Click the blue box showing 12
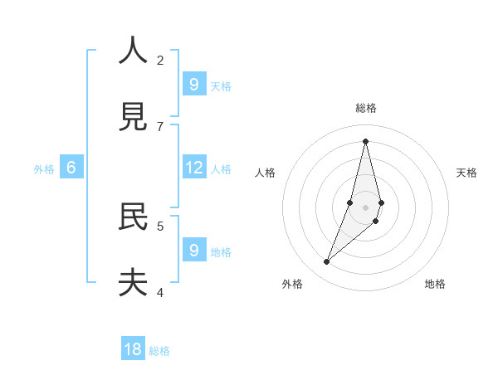tap(194, 168)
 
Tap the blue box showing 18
tap(133, 349)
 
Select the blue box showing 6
tap(71, 168)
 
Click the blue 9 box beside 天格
tap(194, 85)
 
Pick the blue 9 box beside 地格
tap(194, 251)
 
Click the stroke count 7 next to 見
tap(160, 126)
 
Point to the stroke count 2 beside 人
tap(160, 60)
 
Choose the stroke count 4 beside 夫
tap(160, 292)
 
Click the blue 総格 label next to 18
tap(159, 351)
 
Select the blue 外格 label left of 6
tap(44, 168)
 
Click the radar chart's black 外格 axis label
tap(292, 284)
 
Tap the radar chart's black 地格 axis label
tap(435, 284)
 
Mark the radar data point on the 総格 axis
tap(365, 141)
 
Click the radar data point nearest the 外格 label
tap(327, 261)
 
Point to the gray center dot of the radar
tap(365, 207)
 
